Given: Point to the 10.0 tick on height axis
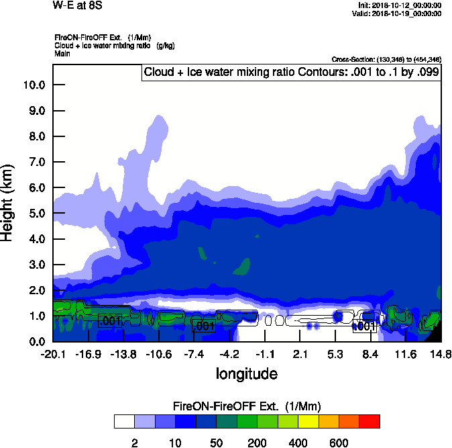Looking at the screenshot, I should click(x=34, y=85).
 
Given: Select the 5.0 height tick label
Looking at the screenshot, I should click(x=34, y=213).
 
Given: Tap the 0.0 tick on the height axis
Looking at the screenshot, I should click(x=34, y=341).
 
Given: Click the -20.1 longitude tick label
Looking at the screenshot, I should click(x=53, y=354).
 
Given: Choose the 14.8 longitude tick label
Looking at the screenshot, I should click(x=441, y=354).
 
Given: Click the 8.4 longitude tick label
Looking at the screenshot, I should click(x=370, y=354).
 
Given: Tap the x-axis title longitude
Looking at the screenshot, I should click(x=246, y=373).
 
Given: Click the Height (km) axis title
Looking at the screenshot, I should click(x=9, y=202).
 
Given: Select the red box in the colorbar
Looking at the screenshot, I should click(x=370, y=421).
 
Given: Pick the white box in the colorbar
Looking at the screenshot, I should click(x=124, y=421).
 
